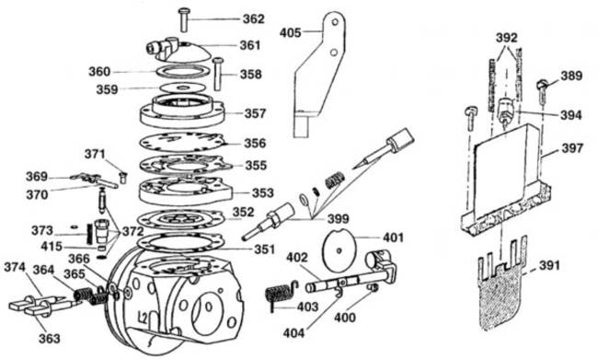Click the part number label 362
tap(254, 18)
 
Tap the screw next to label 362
tap(184, 20)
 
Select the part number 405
tap(291, 33)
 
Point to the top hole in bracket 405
tap(335, 22)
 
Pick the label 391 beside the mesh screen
tap(549, 265)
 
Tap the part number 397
tap(572, 147)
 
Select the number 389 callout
tap(571, 75)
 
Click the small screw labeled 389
tap(543, 90)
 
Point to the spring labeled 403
tap(279, 295)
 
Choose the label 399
tap(339, 219)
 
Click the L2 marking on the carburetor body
tap(143, 317)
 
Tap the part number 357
tap(255, 113)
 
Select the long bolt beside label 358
tap(218, 74)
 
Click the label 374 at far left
tap(15, 267)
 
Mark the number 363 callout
tap(50, 338)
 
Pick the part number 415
tap(52, 247)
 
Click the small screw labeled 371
tap(122, 178)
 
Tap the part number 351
tap(264, 250)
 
